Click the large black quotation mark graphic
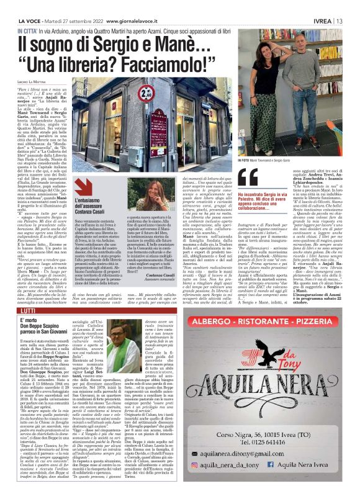tap(243, 178)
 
